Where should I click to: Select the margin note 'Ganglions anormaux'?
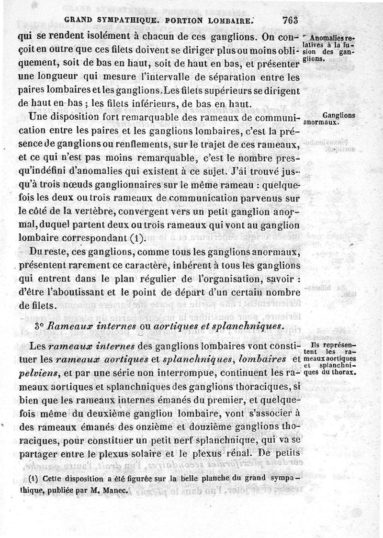pyautogui.click(x=338, y=119)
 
